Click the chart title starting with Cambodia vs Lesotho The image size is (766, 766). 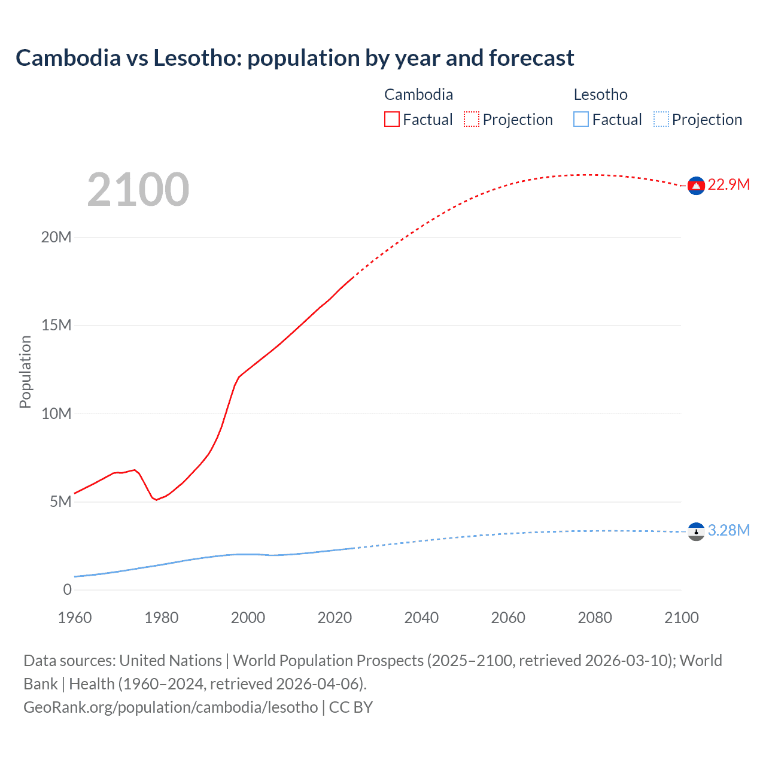click(294, 58)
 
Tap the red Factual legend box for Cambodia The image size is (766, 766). click(391, 119)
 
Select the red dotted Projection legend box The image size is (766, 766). click(472, 119)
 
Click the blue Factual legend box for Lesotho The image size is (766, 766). click(581, 119)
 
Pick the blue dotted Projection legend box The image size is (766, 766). click(661, 119)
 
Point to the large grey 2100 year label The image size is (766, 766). click(138, 190)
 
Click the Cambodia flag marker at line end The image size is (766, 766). click(696, 186)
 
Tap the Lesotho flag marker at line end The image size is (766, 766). click(696, 531)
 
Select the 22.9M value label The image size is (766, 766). click(728, 184)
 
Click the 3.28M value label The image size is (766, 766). click(728, 530)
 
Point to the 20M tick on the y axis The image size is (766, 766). click(56, 237)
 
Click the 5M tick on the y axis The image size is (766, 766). click(60, 501)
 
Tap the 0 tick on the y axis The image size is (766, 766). click(67, 589)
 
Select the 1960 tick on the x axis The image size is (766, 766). click(75, 618)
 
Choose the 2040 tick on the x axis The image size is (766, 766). click(421, 618)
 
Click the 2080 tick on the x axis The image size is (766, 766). click(595, 618)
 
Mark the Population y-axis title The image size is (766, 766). click(25, 372)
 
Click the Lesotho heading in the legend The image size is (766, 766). click(600, 95)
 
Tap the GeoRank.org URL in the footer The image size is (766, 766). click(171, 707)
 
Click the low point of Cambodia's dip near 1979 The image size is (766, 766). click(157, 500)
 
